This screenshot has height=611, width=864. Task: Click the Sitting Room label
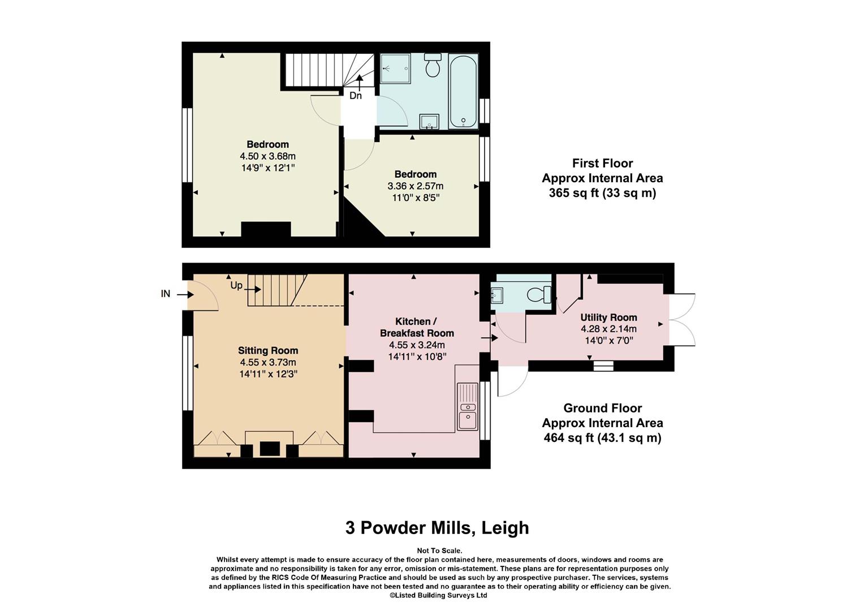[x=268, y=350]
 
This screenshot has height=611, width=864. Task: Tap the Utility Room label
[x=608, y=317]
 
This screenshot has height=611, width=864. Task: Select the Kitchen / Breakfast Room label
[x=417, y=327]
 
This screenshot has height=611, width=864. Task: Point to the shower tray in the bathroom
[x=395, y=68]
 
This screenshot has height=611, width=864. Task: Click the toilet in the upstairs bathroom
[x=433, y=65]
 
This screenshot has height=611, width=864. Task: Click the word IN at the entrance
[x=166, y=294]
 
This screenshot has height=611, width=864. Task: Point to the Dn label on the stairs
[x=355, y=96]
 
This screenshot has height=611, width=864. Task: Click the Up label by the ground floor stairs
[x=236, y=285]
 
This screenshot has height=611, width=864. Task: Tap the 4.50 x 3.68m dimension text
[x=267, y=156]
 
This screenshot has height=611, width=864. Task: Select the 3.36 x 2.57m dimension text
[x=416, y=186]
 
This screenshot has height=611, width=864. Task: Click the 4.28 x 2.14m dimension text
[x=608, y=329]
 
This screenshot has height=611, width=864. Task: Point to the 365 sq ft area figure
[x=603, y=192]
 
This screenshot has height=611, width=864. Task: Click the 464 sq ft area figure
[x=603, y=438]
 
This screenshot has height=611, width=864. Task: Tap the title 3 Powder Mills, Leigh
[x=437, y=528]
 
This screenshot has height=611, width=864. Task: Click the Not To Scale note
[x=439, y=551]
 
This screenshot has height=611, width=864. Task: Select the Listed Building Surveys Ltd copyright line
[x=438, y=595]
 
